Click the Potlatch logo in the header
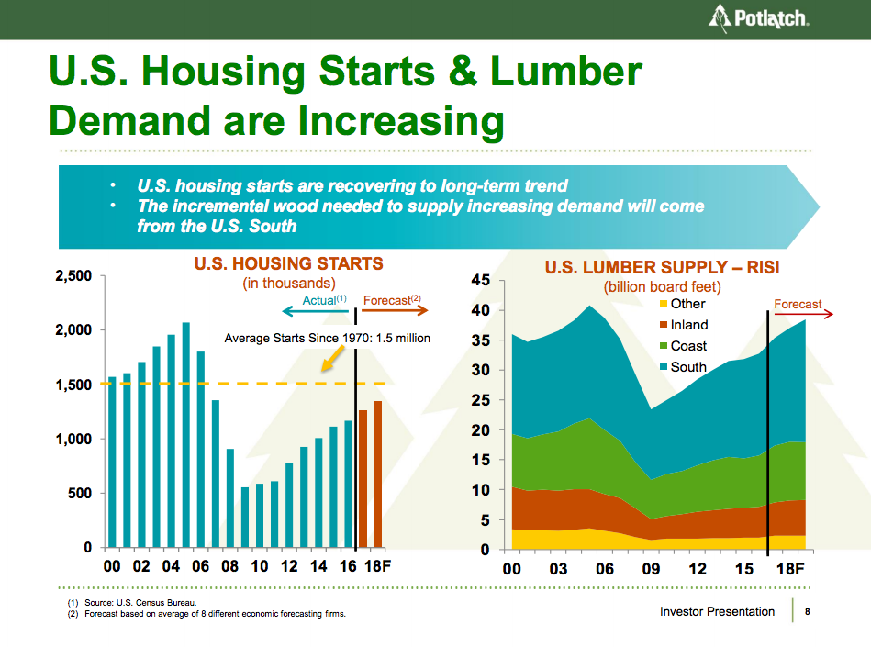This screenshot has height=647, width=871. pyautogui.click(x=758, y=18)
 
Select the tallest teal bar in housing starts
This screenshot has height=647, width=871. pyautogui.click(x=185, y=435)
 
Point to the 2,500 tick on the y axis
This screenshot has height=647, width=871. pyautogui.click(x=73, y=276)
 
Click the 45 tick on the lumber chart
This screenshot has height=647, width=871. pyautogui.click(x=482, y=280)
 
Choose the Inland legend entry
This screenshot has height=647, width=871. pyautogui.click(x=688, y=325)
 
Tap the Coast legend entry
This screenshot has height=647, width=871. pyautogui.click(x=688, y=346)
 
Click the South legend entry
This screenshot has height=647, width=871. pyautogui.click(x=688, y=367)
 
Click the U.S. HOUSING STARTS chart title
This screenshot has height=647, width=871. pyautogui.click(x=288, y=264)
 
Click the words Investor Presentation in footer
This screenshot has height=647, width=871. pyautogui.click(x=717, y=612)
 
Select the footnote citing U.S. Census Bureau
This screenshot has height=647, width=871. pyautogui.click(x=132, y=602)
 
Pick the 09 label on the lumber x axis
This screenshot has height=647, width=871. pyautogui.click(x=651, y=569)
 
